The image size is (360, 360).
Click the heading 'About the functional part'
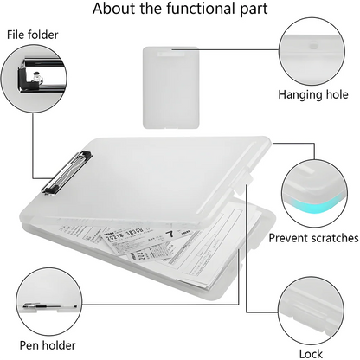[180, 11]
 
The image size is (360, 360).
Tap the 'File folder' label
[35, 35]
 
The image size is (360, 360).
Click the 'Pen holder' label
[41, 345]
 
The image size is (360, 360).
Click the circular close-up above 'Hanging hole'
[312, 48]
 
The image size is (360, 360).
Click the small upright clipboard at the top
[171, 86]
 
